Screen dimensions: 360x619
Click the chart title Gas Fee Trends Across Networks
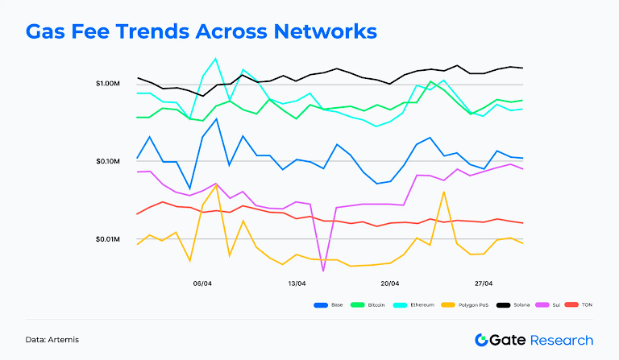tap(201, 32)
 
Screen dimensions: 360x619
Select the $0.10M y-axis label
tap(107, 162)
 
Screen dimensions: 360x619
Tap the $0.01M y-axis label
tap(107, 240)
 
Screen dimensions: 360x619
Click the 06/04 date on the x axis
tap(202, 283)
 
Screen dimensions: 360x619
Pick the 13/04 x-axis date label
tap(297, 283)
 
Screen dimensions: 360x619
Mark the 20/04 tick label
tap(390, 283)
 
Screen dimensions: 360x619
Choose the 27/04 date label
tap(484, 283)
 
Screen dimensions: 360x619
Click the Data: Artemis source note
tap(52, 340)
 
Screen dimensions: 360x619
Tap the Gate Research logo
tap(534, 340)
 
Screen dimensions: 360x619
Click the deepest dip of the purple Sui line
tap(323, 271)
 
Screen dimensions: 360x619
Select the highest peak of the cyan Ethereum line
tap(215, 58)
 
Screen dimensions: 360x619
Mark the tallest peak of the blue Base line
tap(215, 119)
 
